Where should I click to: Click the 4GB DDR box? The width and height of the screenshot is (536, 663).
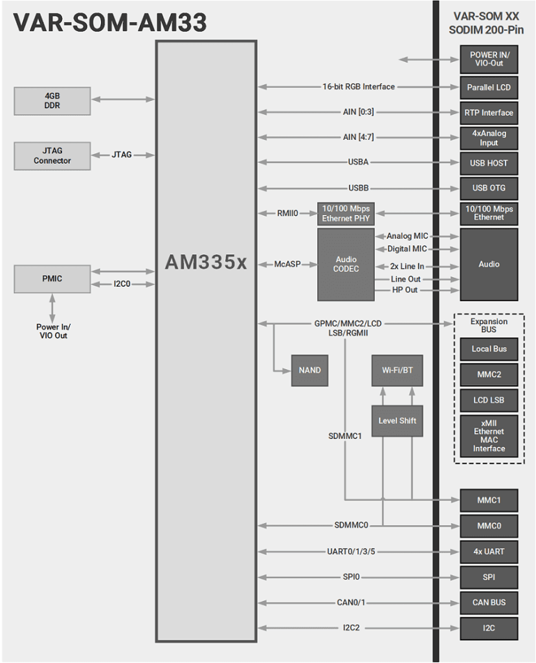[x=52, y=100]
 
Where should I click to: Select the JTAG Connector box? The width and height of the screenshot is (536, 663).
[x=52, y=155]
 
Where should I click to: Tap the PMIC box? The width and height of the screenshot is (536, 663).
[x=52, y=278]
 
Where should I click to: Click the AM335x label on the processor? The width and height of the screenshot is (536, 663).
[x=206, y=262]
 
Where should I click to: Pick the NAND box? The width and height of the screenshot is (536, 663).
[x=309, y=370]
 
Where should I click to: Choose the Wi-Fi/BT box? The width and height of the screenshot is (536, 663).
[x=397, y=370]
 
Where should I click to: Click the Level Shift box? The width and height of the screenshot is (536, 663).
[x=397, y=421]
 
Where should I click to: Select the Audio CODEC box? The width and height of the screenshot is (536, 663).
[x=346, y=264]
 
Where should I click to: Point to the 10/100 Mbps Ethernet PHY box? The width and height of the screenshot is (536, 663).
[x=346, y=213]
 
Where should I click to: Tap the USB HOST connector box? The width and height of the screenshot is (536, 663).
[x=489, y=163]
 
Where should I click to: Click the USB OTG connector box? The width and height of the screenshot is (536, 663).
[x=489, y=188]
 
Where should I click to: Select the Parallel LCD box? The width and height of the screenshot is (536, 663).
[x=489, y=87]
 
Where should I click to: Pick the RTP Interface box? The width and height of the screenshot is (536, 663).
[x=489, y=113]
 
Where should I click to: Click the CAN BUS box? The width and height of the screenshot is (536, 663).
[x=489, y=603]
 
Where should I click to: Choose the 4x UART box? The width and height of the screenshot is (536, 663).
[x=489, y=552]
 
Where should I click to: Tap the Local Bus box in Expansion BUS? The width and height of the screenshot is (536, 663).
[x=489, y=349]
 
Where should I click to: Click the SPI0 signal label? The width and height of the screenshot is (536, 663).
[x=352, y=577]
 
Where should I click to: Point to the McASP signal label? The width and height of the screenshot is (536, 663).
[x=287, y=265]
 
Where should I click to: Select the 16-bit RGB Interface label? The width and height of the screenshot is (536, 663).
[x=359, y=87]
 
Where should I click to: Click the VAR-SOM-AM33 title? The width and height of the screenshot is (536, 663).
[x=110, y=23]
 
